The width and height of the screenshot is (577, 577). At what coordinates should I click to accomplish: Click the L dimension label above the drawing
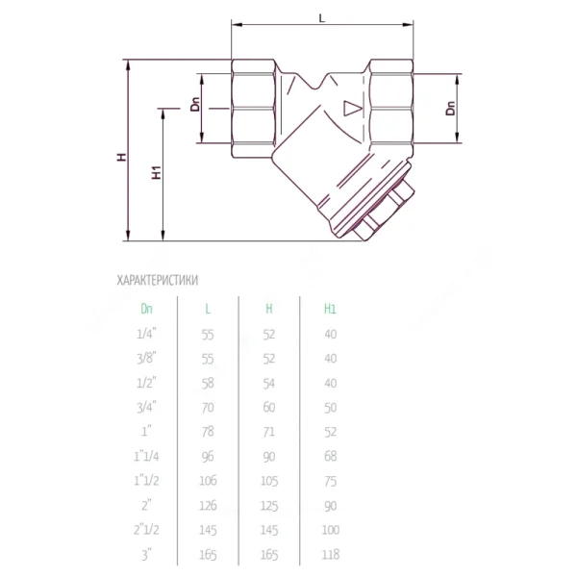point(322,17)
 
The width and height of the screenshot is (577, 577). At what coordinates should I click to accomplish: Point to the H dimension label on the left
point(121,157)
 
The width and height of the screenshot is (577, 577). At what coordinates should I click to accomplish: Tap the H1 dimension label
point(157,172)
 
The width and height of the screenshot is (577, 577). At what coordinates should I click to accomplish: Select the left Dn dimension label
point(195,104)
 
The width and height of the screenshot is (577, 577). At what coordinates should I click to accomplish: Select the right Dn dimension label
point(450,108)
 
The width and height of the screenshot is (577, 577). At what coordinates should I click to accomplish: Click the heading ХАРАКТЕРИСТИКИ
point(158,281)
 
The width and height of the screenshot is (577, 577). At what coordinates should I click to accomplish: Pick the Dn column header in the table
point(146,309)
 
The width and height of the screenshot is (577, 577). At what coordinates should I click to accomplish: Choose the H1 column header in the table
point(330,309)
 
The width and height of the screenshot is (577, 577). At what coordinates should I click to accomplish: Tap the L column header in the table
point(208,309)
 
